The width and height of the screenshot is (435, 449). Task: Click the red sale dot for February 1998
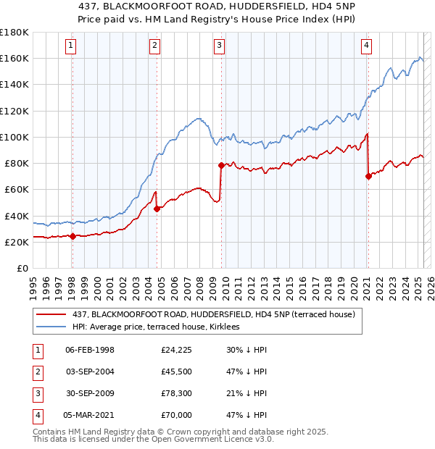(x=72, y=235)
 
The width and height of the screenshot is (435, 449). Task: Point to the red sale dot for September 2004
(x=157, y=209)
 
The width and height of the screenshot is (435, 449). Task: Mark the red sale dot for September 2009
(x=221, y=165)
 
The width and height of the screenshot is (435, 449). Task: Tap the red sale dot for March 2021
(x=368, y=176)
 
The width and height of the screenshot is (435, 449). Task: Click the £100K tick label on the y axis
(x=14, y=137)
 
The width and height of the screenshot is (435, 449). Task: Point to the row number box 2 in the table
(x=36, y=372)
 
